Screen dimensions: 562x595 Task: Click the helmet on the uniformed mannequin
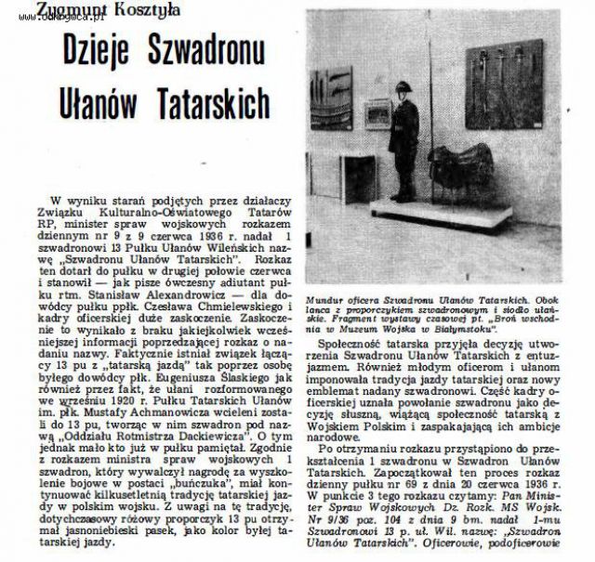tap(402, 89)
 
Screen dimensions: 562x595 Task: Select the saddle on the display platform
tap(465, 167)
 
